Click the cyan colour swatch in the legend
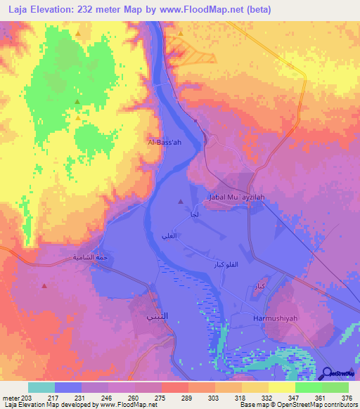(41, 387)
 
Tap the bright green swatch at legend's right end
(335, 387)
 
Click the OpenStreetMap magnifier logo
(328, 373)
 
